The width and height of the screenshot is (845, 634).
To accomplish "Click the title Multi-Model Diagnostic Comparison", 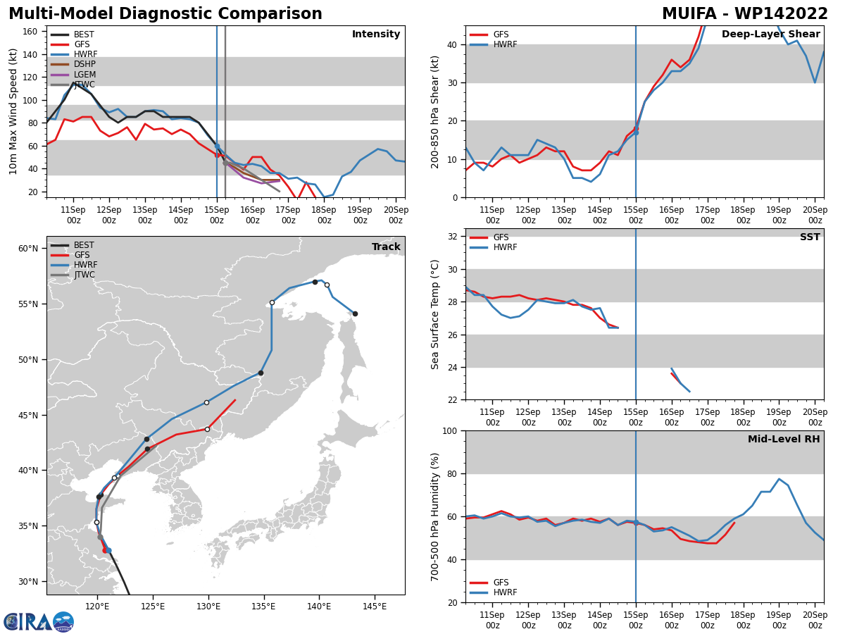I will tap(165, 14).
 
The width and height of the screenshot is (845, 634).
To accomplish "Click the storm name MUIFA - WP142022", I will tap(745, 14).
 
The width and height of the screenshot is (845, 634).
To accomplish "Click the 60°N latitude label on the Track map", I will tap(28, 249).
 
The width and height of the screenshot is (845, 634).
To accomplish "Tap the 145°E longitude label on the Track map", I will tap(374, 606).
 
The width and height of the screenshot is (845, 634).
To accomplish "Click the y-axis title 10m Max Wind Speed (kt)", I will tap(13, 111).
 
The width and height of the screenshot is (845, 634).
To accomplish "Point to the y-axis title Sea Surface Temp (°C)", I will tap(436, 314).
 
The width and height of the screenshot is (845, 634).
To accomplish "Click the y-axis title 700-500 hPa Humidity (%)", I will tap(436, 516).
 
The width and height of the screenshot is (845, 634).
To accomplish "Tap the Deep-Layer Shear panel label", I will tap(770, 35).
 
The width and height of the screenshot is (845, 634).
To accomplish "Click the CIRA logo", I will tap(39, 622).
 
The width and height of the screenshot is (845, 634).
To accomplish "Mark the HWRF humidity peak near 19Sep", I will tap(779, 479).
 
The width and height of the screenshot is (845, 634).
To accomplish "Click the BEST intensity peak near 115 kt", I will tap(73, 82).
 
